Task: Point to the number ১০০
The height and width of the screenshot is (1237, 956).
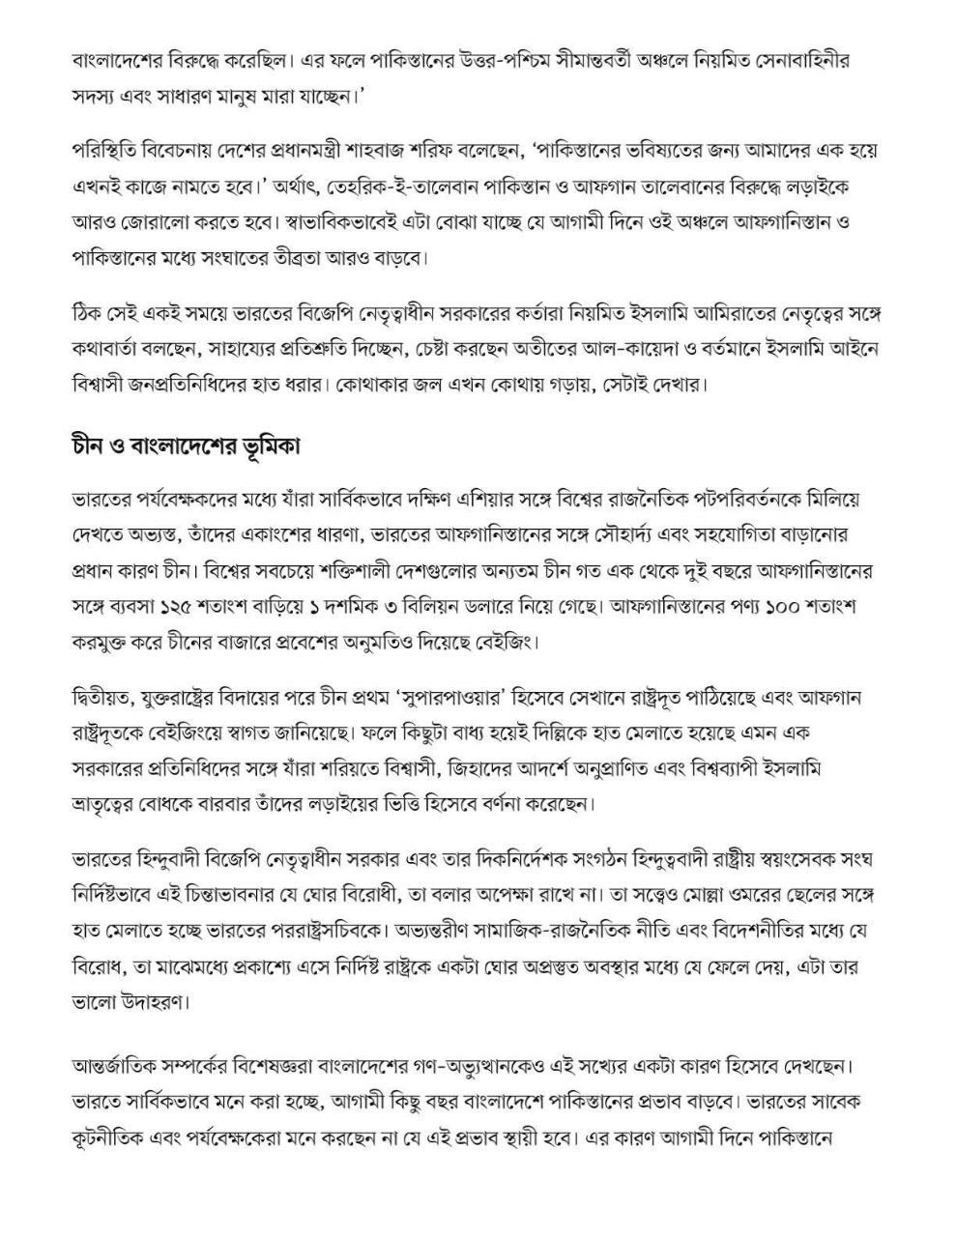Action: (781, 608)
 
